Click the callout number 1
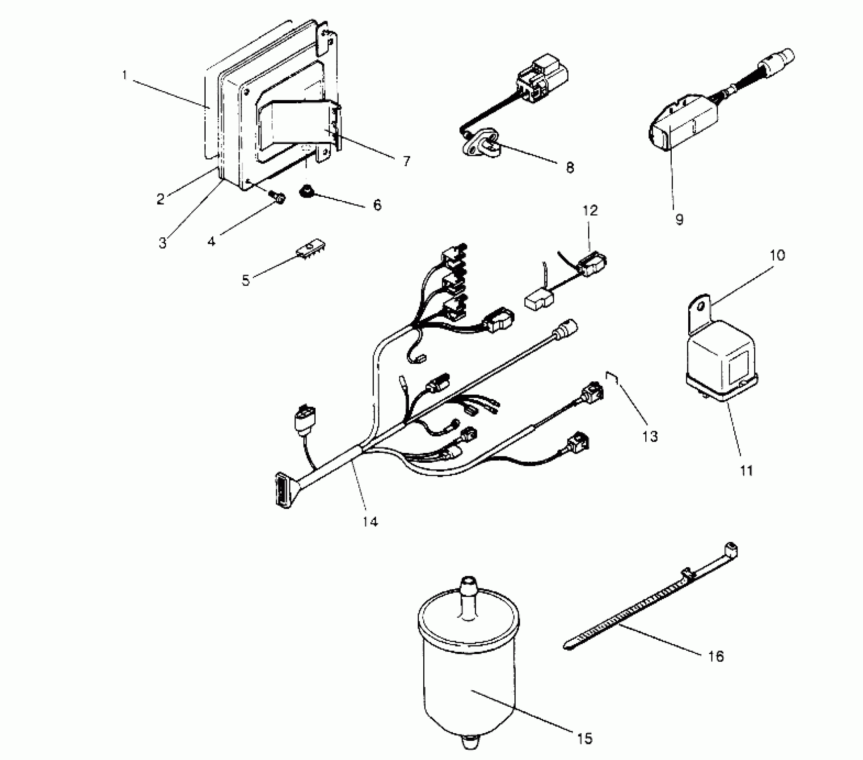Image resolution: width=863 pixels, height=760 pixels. pos(125,75)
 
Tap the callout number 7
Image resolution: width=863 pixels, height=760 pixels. pos(406,161)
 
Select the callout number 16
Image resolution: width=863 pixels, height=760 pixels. pos(716,656)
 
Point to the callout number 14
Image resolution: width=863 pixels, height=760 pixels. pos(370,521)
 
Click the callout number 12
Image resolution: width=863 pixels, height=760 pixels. pos(590,211)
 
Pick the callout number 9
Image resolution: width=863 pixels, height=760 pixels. pos(679,220)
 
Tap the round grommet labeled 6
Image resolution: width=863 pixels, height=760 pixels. pos(306,193)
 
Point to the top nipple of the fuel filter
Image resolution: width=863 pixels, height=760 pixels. pos(467,586)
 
